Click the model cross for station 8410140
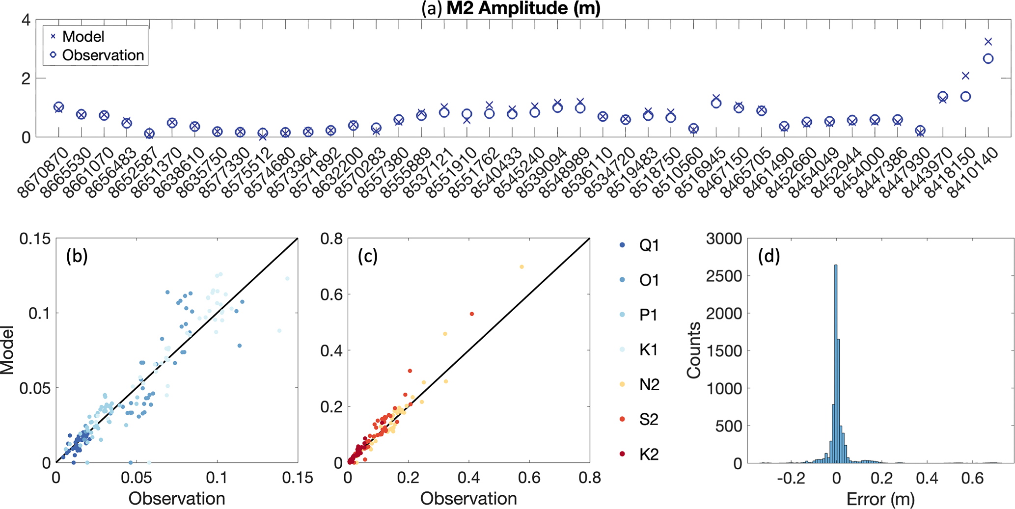pyautogui.click(x=988, y=42)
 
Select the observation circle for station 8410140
pyautogui.click(x=988, y=59)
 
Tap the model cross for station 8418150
pyautogui.click(x=966, y=76)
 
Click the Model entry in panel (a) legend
pyautogui.click(x=83, y=37)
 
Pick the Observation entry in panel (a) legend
pyautogui.click(x=103, y=55)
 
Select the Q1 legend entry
pyautogui.click(x=649, y=245)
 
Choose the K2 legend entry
pyautogui.click(x=649, y=455)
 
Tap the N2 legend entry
pyautogui.click(x=649, y=385)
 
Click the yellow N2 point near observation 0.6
pyautogui.click(x=521, y=267)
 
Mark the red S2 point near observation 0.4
pyautogui.click(x=472, y=314)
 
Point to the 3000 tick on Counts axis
pyautogui.click(x=724, y=239)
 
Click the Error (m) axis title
pyautogui.click(x=880, y=499)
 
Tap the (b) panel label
pyautogui.click(x=77, y=256)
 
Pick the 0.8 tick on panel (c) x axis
pyautogui.click(x=589, y=477)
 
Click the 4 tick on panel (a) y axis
pyautogui.click(x=26, y=20)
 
